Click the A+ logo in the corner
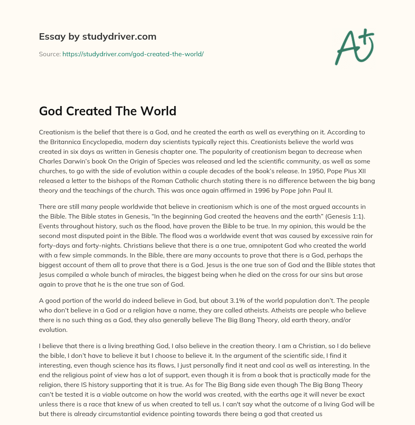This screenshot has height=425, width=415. coord(354,47)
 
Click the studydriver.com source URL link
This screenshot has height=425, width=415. coord(133,54)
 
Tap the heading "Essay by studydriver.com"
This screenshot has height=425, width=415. coord(97,37)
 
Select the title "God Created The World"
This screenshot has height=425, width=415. coord(107,110)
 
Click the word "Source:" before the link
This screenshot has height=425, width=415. coord(49,54)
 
